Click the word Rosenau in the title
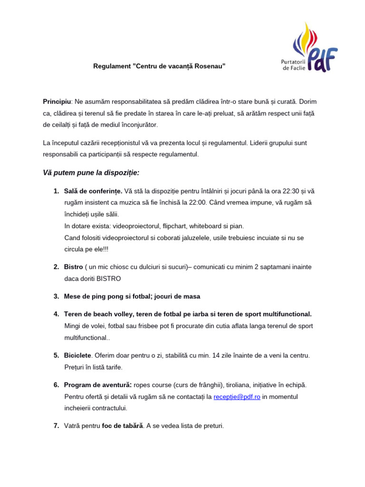coord(207,66)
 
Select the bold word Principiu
coord(57,101)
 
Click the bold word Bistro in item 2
coord(73,267)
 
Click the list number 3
coord(56,296)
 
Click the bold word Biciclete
coord(77,355)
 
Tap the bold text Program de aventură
coord(98,385)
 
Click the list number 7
coord(56,426)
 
